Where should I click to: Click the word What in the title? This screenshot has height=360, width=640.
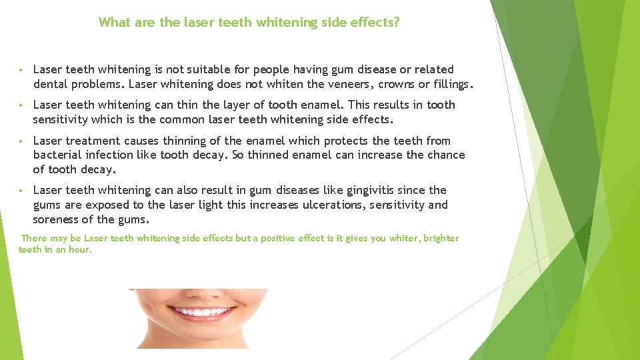click(115, 22)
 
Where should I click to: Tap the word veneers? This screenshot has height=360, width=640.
click(347, 84)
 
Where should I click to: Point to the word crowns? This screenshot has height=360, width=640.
click(397, 84)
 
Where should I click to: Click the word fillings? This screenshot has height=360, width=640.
click(451, 84)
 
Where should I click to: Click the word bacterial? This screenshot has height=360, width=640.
click(57, 155)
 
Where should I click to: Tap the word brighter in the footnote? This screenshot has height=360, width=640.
click(441, 238)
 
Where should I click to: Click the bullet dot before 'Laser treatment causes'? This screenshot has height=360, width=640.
click(22, 141)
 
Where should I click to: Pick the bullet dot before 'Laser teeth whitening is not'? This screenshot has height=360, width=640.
click(22, 70)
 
